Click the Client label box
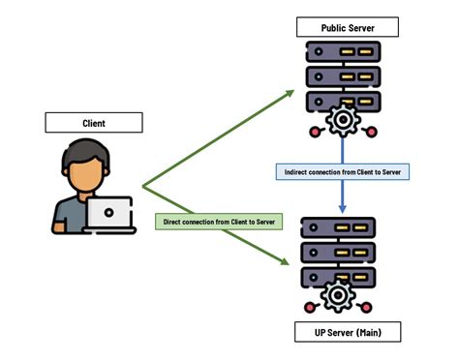pos(93,123)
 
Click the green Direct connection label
pos(219,222)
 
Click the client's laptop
pos(108,215)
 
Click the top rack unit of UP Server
pos(339,228)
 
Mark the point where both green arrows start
pos(143,186)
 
